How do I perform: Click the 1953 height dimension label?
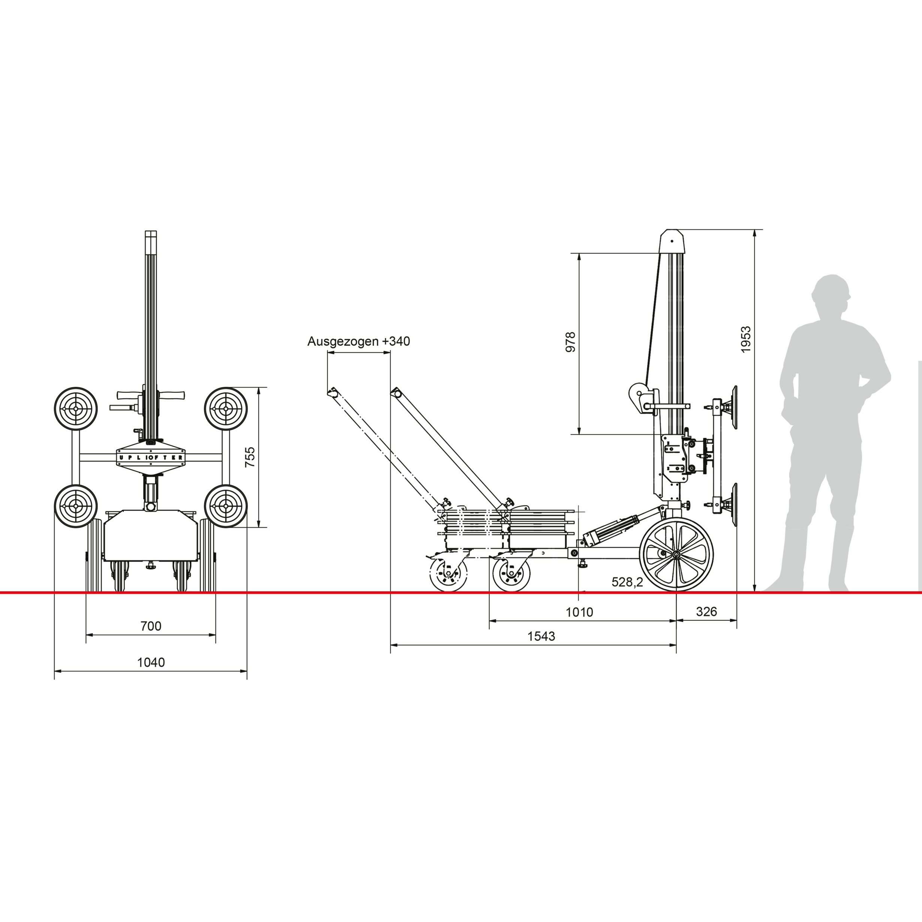[x=746, y=339]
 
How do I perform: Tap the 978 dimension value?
[x=570, y=342]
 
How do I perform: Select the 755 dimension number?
[x=250, y=457]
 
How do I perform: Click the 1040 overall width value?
[x=151, y=662]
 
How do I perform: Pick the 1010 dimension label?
[x=579, y=612]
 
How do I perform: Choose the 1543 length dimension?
[x=541, y=636]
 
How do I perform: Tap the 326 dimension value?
[x=706, y=611]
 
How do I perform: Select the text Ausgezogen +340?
[x=358, y=341]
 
